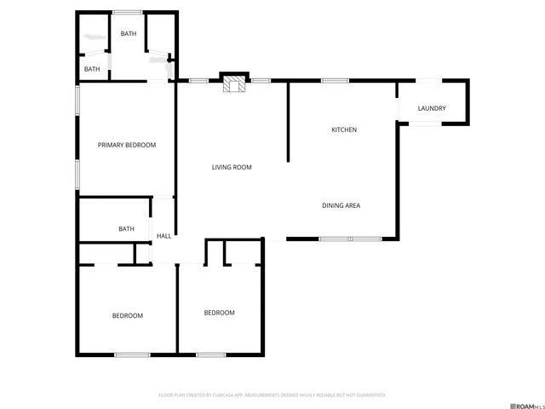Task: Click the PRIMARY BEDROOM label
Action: point(127,145)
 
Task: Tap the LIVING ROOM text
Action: point(232,167)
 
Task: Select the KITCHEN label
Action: point(343,130)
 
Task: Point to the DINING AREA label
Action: point(345,205)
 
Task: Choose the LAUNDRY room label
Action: point(433,108)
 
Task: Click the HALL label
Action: point(163,235)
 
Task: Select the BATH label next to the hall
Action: point(126,228)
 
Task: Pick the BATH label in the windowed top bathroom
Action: point(129,34)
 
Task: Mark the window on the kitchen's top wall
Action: point(335,81)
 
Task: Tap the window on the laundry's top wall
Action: point(428,80)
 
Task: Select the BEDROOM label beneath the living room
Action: point(219,313)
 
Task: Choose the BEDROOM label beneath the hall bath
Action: point(128,315)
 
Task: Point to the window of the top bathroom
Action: point(128,12)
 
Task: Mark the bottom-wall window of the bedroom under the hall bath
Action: point(133,354)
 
